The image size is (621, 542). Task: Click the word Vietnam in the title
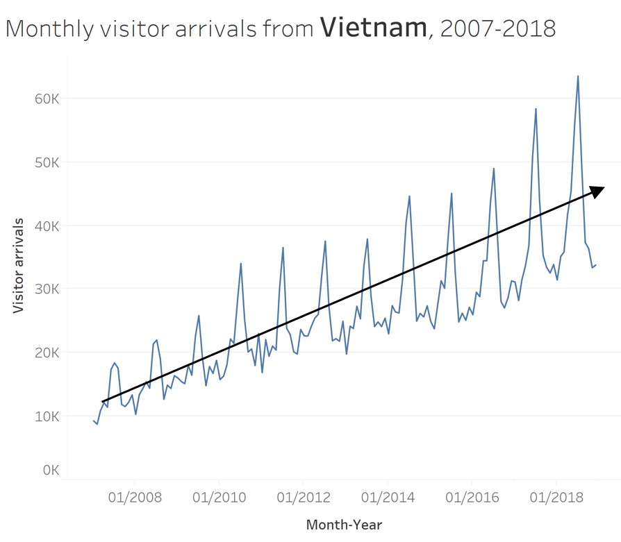(x=373, y=27)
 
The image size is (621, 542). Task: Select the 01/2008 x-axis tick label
(x=134, y=498)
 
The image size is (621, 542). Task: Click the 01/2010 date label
(x=218, y=498)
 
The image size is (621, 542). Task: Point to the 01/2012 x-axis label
(x=303, y=498)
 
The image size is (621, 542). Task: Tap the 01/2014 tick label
(x=387, y=498)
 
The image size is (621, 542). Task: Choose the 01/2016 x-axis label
(x=472, y=498)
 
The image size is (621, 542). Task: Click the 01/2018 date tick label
(x=556, y=498)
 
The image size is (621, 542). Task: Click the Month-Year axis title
(x=344, y=525)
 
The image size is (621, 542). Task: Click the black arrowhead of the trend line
(x=597, y=189)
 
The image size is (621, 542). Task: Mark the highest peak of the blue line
(x=578, y=76)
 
